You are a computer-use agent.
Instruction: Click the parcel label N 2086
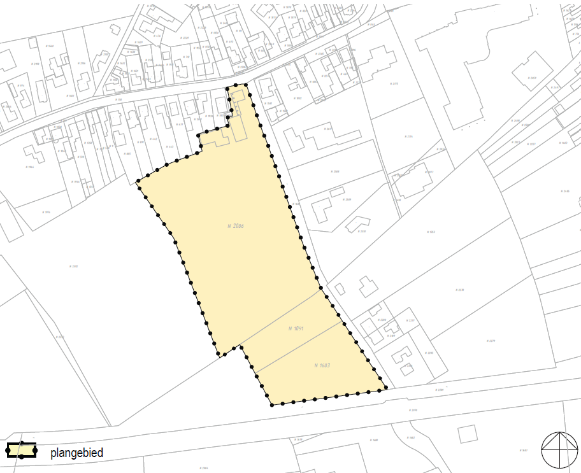[236, 226]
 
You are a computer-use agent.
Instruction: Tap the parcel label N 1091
[296, 328]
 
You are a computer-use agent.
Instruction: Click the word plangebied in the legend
[76, 453]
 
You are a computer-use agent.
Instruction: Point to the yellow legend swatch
[21, 451]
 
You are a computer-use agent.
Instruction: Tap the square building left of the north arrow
[468, 434]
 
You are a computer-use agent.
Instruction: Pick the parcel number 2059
[533, 78]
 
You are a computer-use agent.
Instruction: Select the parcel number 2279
[491, 341]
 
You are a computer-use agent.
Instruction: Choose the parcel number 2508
[336, 172]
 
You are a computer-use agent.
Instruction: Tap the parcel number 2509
[348, 200]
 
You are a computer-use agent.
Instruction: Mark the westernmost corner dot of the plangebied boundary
[138, 183]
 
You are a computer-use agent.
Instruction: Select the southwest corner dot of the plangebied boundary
[271, 404]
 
